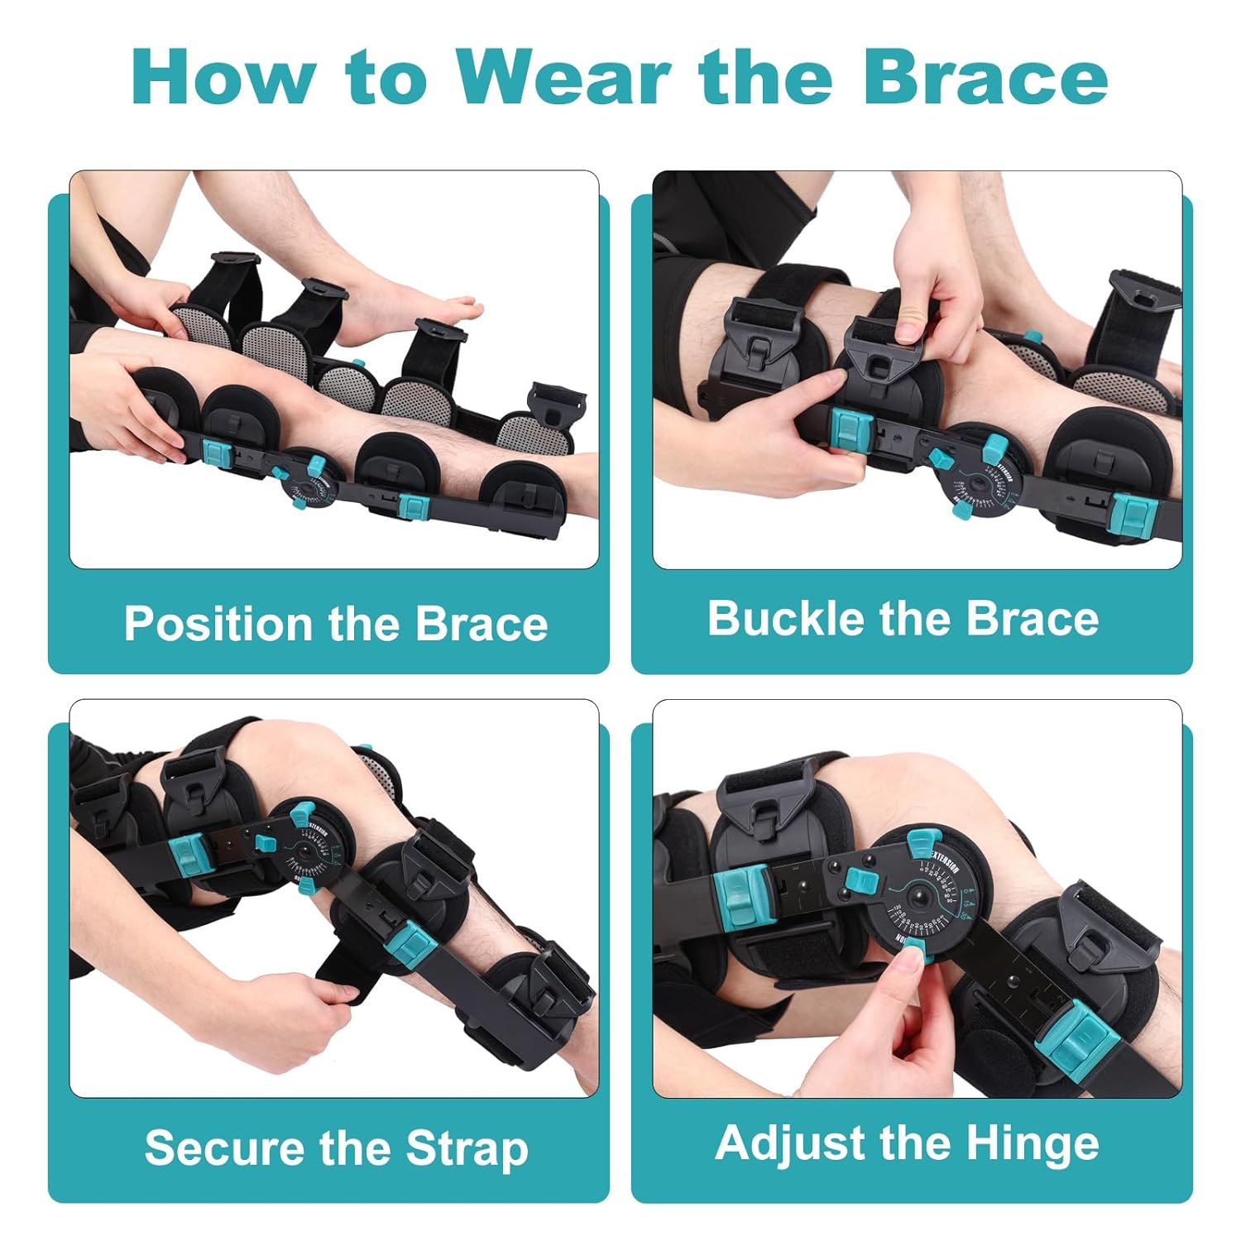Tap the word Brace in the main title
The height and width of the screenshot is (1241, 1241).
pos(985,77)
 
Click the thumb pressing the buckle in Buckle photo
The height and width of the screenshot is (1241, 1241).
pos(909,322)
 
